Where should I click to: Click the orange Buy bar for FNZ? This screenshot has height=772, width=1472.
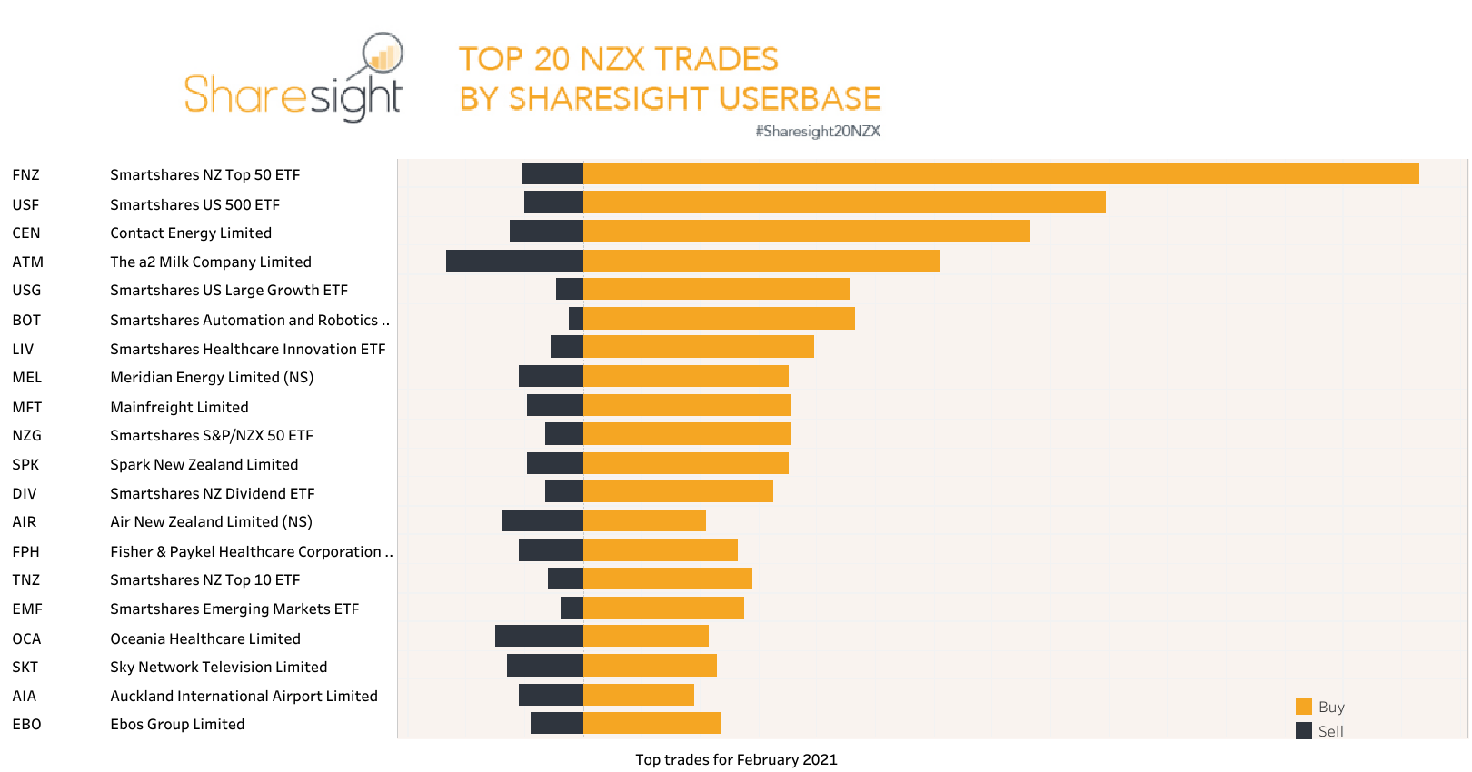pyautogui.click(x=1000, y=173)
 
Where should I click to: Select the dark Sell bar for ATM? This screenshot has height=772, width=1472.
pyautogui.click(x=514, y=261)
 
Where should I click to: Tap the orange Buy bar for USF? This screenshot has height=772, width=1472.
pyautogui.click(x=844, y=202)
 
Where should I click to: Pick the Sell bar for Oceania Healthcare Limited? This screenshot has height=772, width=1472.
pyautogui.click(x=539, y=636)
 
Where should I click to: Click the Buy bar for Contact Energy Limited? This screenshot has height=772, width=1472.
pyautogui.click(x=806, y=232)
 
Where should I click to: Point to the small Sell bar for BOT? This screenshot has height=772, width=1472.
pyautogui.click(x=576, y=318)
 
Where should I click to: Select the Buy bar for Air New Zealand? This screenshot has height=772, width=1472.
pyautogui.click(x=644, y=520)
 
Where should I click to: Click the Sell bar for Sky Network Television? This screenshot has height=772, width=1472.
pyautogui.click(x=544, y=666)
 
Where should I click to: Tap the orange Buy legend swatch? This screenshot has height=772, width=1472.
pyautogui.click(x=1304, y=707)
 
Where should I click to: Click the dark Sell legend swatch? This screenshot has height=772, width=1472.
pyautogui.click(x=1304, y=731)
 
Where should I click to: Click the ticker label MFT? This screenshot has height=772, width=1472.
pyautogui.click(x=27, y=407)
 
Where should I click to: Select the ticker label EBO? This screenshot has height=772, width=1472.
pyautogui.click(x=27, y=724)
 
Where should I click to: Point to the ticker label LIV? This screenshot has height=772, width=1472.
pyautogui.click(x=24, y=349)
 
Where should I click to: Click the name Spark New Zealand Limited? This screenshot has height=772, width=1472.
pyautogui.click(x=204, y=464)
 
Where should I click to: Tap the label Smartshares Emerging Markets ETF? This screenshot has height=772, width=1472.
pyautogui.click(x=234, y=609)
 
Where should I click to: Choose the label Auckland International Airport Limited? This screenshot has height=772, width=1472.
pyautogui.click(x=244, y=696)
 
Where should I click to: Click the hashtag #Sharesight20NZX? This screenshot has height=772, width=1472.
pyautogui.click(x=818, y=131)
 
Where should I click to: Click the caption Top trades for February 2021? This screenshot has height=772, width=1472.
pyautogui.click(x=736, y=759)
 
